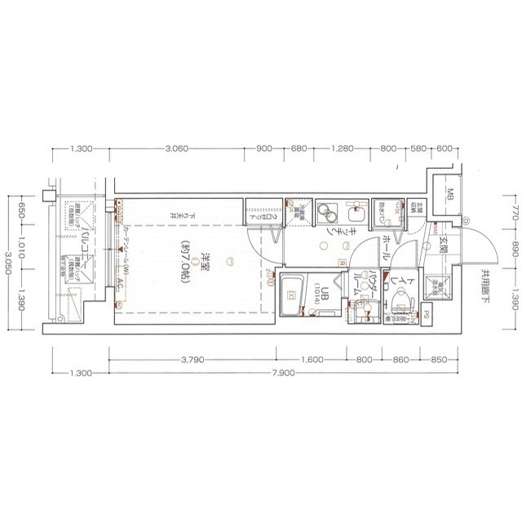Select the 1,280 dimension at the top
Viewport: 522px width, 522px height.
342,149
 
